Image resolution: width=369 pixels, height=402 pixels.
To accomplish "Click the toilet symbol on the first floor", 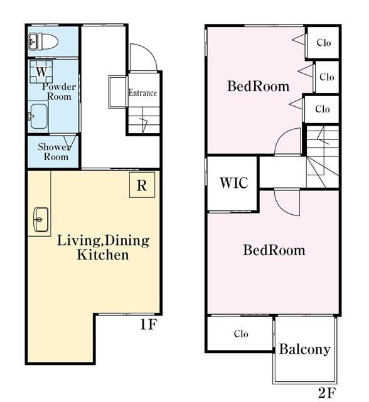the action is coord(43,42).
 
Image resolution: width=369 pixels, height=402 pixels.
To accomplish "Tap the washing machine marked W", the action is coord(41,72).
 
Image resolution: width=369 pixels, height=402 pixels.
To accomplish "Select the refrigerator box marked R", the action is coord(142,185).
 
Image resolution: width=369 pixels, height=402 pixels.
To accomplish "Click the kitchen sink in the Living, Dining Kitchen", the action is coord(41,219).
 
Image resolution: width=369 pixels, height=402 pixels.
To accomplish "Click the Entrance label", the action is coord(142,93).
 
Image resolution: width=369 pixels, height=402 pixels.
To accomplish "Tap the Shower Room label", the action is coord(55,151).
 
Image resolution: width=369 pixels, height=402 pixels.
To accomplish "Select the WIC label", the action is coord(234,183).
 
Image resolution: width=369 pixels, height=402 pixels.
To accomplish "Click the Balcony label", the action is coord(305,349).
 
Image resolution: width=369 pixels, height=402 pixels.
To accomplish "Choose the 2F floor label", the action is coord(327,393).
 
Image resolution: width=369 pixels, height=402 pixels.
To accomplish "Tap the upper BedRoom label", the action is coord(259,86).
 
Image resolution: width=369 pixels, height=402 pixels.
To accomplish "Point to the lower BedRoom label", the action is coord(274,250).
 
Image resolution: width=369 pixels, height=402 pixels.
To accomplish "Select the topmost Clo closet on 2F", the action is coord(323,43).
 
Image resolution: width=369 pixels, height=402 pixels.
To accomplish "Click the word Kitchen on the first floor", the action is coord(103,255).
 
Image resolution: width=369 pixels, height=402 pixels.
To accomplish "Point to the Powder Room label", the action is coord(59,92).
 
